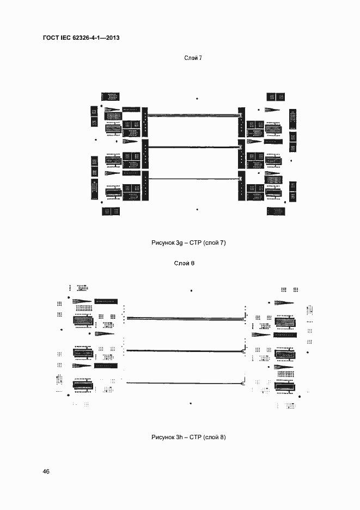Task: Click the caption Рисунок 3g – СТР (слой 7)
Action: click(188, 242)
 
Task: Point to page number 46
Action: click(46, 471)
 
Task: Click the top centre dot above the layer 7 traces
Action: click(197, 99)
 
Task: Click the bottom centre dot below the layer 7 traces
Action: click(197, 209)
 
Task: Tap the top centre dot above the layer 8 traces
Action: click(191, 291)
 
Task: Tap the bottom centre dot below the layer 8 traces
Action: click(191, 404)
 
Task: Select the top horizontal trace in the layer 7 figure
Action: click(193, 115)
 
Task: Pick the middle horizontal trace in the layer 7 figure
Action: click(193, 147)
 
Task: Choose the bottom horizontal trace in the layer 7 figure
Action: click(193, 179)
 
